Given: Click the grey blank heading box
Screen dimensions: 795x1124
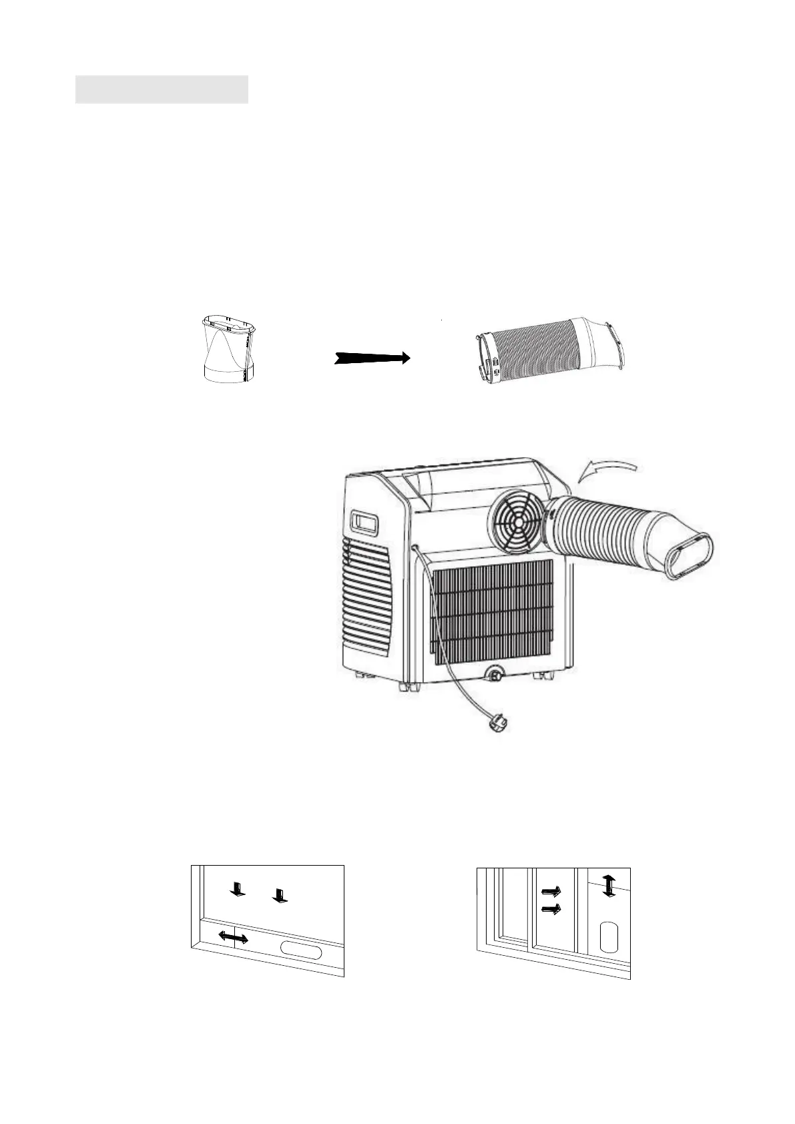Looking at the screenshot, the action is pos(162,89).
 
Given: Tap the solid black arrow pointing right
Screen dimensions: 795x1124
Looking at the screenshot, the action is pos(372,358).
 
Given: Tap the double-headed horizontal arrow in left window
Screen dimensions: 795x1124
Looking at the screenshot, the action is pos(234,938).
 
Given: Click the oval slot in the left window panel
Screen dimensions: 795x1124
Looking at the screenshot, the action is pos(301,948).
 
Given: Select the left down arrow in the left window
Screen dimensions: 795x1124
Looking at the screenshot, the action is pos(236,888).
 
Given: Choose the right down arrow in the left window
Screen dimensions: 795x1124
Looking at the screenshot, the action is pos(280,895).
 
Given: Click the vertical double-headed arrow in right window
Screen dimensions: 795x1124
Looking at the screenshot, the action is pos(607,886).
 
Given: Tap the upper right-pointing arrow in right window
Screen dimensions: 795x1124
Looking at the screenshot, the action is pos(551,890).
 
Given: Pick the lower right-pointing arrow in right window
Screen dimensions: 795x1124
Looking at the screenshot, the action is pos(551,908).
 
